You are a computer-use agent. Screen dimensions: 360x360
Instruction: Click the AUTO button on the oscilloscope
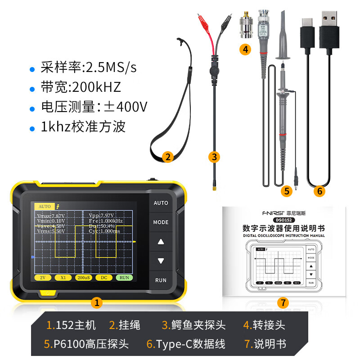[161, 203]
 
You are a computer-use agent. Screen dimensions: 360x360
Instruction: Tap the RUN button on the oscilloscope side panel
[161, 280]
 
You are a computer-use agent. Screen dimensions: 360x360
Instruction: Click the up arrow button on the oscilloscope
[161, 242]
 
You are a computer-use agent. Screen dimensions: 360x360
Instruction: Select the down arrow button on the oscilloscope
[161, 261]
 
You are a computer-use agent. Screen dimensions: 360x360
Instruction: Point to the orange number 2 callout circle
[167, 157]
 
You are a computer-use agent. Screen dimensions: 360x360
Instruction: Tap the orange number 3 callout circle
[214, 157]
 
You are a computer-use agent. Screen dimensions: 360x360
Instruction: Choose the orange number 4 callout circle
[245, 49]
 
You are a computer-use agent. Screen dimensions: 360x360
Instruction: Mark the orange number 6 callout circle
[320, 191]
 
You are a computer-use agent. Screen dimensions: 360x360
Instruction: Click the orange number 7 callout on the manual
[283, 302]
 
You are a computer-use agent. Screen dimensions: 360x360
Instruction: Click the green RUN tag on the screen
[124, 278]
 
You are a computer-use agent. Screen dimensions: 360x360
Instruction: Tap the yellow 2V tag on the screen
[43, 278]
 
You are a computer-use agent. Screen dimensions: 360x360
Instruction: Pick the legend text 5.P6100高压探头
[86, 344]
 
